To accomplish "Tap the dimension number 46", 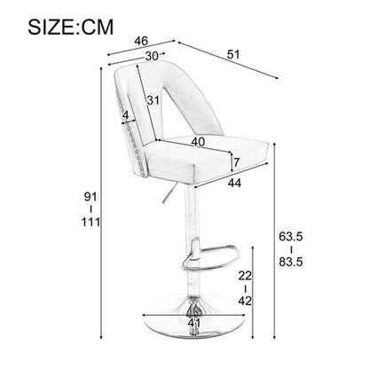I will click(x=139, y=41).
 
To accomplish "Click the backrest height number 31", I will click(x=153, y=100).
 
